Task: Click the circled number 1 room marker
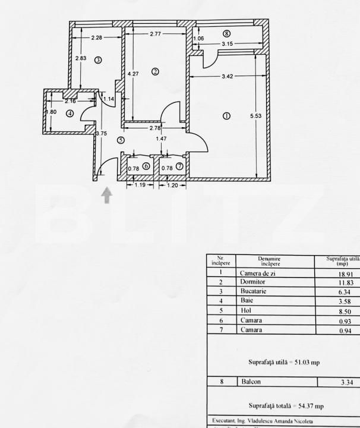(226, 116)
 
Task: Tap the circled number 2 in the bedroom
(154, 72)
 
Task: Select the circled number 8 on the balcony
(226, 34)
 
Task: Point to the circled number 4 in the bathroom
(70, 114)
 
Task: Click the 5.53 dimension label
(255, 117)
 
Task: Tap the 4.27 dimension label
(134, 74)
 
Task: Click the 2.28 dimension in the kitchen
(97, 39)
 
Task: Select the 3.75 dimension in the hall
(101, 134)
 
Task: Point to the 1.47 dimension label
(161, 139)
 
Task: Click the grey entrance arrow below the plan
(107, 196)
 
